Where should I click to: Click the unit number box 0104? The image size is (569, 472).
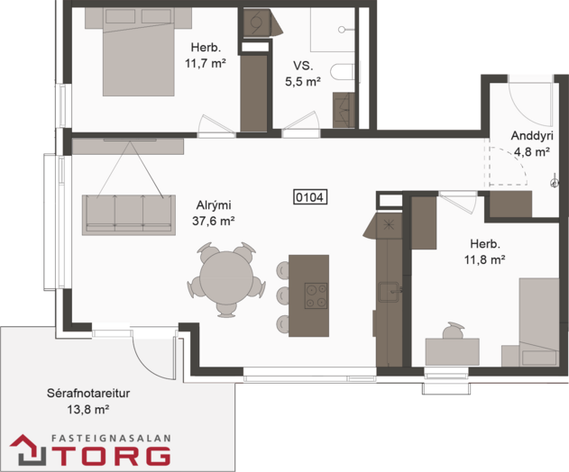click(x=310, y=197)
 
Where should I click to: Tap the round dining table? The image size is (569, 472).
click(x=226, y=278)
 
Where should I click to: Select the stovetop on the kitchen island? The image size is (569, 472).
click(x=316, y=295)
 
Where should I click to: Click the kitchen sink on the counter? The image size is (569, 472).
click(x=390, y=292)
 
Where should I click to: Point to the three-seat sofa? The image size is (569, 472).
click(x=129, y=215)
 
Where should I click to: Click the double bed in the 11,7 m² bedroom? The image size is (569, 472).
click(x=138, y=52)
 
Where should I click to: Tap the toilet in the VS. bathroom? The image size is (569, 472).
click(x=343, y=72)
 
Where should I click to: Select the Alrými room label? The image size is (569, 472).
click(x=214, y=205)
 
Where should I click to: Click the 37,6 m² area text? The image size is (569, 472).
click(x=214, y=221)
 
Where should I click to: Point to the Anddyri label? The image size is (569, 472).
click(x=532, y=136)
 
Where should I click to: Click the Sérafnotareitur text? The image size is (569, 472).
click(x=88, y=394)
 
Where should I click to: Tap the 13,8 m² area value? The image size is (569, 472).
click(x=88, y=410)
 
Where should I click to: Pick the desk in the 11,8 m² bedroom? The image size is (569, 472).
click(x=452, y=351)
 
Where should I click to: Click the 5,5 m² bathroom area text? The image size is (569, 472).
click(x=303, y=82)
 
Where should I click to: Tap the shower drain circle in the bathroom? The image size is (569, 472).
click(x=342, y=30)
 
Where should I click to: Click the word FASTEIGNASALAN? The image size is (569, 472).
click(x=111, y=439)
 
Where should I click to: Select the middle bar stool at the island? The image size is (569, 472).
click(x=282, y=295)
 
